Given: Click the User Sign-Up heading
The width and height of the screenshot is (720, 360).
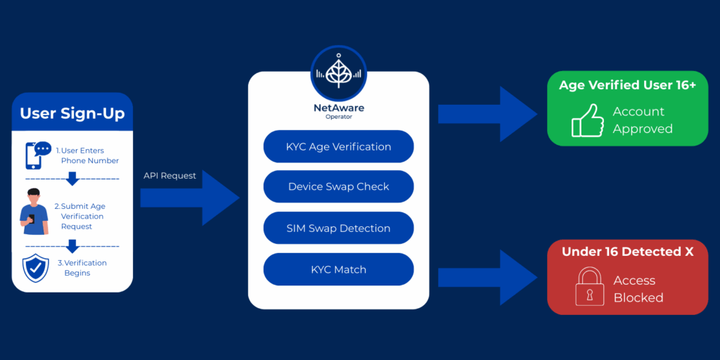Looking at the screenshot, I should click(72, 113).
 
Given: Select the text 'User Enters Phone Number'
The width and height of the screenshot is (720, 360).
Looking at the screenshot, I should click(87, 155).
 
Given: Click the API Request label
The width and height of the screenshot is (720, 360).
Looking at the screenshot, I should click(169, 176).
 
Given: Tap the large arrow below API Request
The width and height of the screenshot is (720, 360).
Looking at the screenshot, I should click(190, 198).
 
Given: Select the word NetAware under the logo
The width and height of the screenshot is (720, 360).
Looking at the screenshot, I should click(338, 108).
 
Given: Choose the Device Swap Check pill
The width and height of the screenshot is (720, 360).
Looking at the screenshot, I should click(338, 187).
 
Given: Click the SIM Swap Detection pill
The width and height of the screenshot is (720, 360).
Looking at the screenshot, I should click(338, 228).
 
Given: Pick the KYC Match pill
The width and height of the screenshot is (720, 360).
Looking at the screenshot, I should click(338, 269).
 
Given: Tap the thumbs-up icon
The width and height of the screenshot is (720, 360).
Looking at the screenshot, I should click(587, 120).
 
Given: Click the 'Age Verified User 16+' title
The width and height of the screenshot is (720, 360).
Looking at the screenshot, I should click(627, 86).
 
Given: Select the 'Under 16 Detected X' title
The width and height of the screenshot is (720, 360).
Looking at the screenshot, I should click(627, 252).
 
